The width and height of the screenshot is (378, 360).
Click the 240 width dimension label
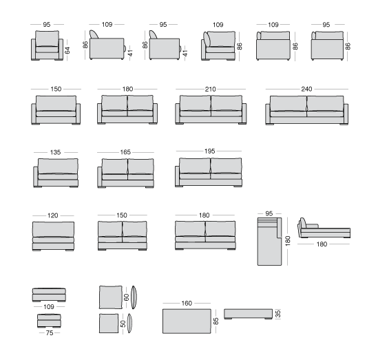tap(306, 89)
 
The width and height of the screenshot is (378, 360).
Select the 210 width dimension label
tap(210, 89)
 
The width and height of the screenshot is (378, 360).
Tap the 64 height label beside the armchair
tap(67, 50)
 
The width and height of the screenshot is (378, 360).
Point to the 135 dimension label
tap(55, 152)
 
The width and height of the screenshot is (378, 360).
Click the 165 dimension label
tap(125, 152)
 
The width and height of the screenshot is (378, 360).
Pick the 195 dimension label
tap(209, 151)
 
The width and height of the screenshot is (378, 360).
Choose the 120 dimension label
tap(53, 215)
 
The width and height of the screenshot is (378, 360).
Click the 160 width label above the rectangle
tap(187, 303)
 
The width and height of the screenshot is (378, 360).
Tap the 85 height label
tap(216, 321)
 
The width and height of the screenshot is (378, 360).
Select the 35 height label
tap(278, 314)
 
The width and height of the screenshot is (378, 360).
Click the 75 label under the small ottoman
tap(50, 332)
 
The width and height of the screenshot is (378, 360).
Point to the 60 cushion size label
tap(126, 297)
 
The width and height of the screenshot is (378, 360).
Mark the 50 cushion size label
tap(123, 324)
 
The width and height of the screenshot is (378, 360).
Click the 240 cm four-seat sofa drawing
tap(306, 110)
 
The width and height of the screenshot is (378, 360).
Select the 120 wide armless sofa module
tap(53, 236)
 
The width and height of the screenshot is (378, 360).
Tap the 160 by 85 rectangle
tap(187, 321)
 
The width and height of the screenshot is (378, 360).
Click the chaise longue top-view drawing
tap(269, 242)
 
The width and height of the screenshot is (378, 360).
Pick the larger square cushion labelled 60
tap(111, 297)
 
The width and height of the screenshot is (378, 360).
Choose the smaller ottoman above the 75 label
tap(49, 321)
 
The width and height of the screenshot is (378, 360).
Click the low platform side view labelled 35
tap(249, 314)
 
